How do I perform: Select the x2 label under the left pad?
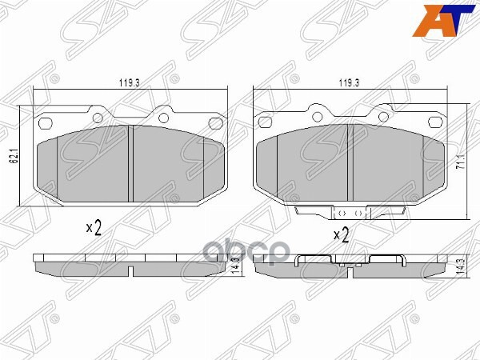(x=94, y=228)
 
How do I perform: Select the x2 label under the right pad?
(x=341, y=235)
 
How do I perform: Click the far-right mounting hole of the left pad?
(x=214, y=122)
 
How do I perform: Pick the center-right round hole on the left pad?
(x=164, y=118)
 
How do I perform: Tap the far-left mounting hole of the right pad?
(x=264, y=123)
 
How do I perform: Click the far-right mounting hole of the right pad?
(x=436, y=123)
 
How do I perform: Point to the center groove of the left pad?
(x=130, y=164)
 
